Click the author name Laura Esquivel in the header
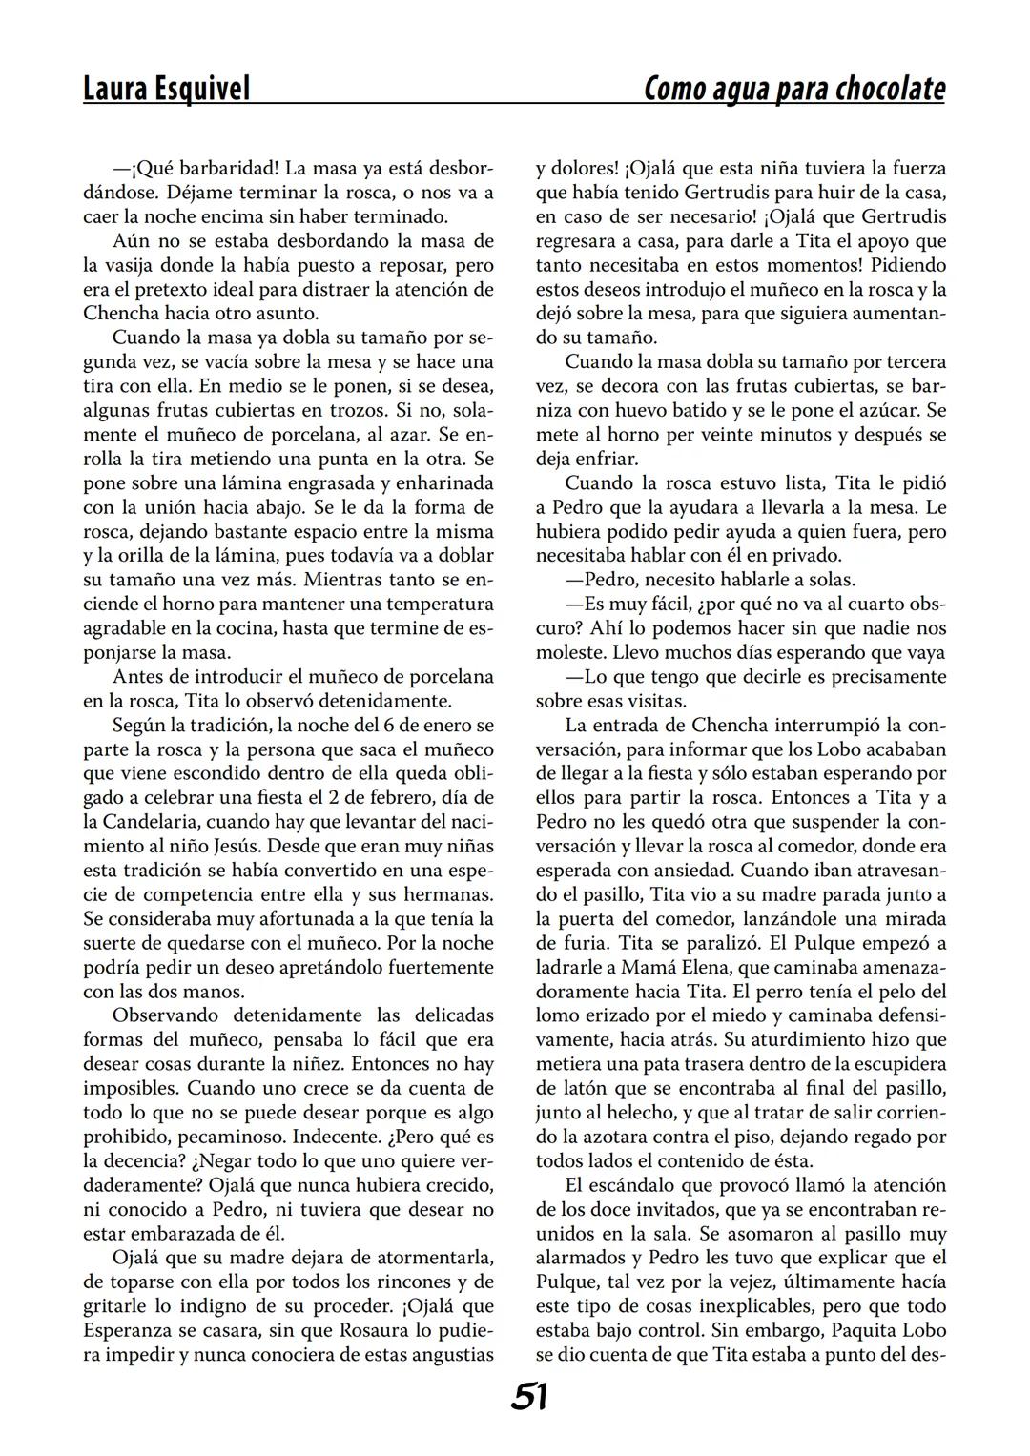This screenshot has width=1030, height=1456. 167,89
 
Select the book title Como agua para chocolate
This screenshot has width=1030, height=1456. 794,89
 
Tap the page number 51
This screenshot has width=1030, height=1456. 529,1397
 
